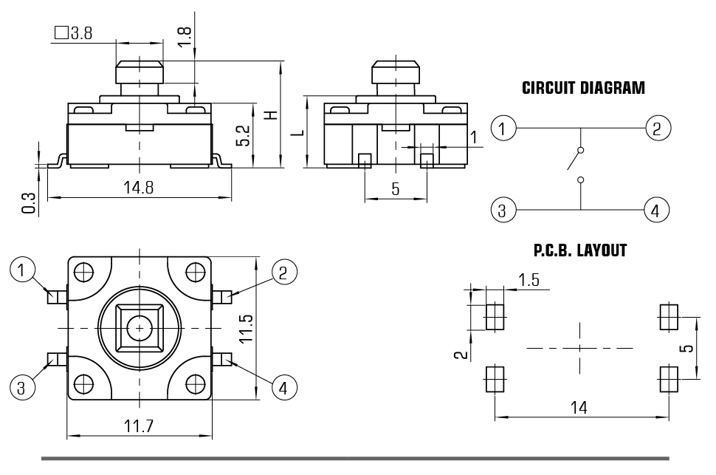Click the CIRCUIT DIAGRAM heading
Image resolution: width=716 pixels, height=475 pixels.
pyautogui.click(x=583, y=89)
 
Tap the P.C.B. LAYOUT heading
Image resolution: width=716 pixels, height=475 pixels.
pyautogui.click(x=579, y=251)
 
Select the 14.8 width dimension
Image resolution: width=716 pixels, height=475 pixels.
pyautogui.click(x=139, y=188)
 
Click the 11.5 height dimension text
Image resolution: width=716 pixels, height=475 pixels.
pyautogui.click(x=247, y=329)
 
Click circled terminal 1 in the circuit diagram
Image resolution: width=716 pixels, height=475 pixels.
pyautogui.click(x=503, y=129)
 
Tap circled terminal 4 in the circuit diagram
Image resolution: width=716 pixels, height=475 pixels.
pyautogui.click(x=655, y=211)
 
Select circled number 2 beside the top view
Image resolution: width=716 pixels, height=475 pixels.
pyautogui.click(x=283, y=272)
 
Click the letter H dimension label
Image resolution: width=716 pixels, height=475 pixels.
pyautogui.click(x=271, y=116)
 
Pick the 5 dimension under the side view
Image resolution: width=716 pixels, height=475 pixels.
pyautogui.click(x=396, y=189)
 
